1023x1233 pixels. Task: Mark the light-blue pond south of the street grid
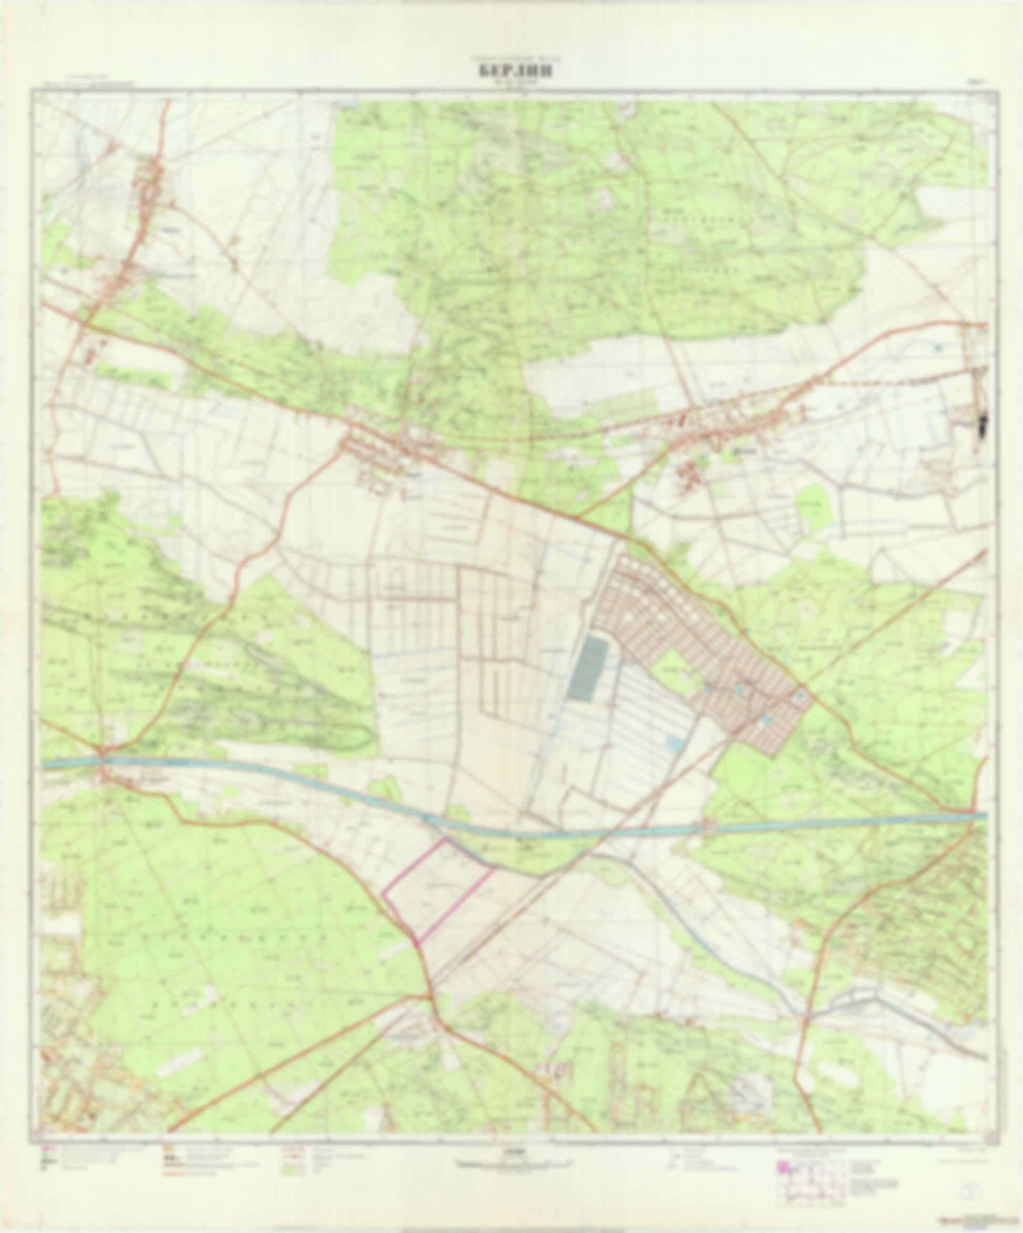pos(674,744)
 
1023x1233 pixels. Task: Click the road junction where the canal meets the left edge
pos(103,758)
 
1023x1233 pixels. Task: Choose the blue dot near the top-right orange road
pos(938,348)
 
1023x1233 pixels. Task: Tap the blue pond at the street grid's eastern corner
pos(800,694)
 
